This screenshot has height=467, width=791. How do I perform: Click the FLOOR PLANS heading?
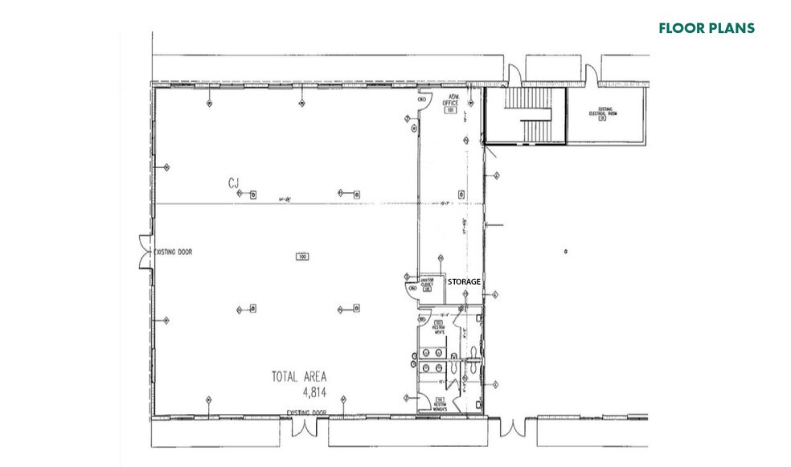click(x=706, y=28)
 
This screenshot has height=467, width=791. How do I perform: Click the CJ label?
click(x=235, y=185)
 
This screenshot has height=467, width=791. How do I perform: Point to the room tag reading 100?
click(x=302, y=256)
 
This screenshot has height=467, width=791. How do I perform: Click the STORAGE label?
click(x=464, y=281)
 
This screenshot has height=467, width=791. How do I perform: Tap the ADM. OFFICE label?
click(x=451, y=102)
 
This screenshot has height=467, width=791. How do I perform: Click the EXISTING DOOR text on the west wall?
click(x=174, y=252)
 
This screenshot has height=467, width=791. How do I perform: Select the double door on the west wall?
click(x=145, y=251)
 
